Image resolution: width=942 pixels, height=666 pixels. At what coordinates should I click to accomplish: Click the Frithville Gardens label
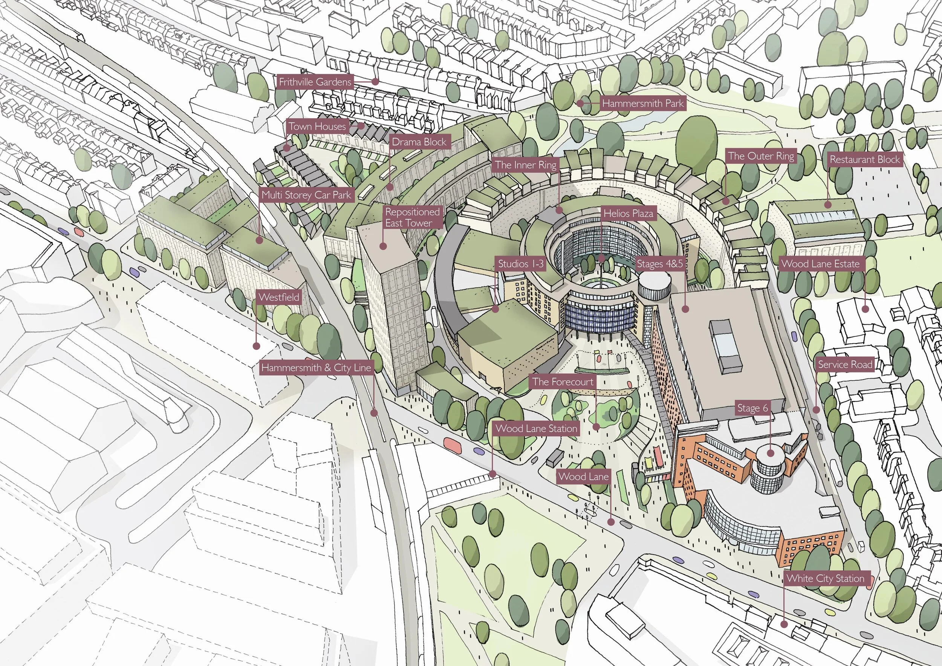pos(315,82)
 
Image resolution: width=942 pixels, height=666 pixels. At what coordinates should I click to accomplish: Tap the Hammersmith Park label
pos(643,103)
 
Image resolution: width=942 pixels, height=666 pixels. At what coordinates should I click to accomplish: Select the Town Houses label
pos(317,126)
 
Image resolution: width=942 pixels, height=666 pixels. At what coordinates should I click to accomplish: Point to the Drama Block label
pos(419,142)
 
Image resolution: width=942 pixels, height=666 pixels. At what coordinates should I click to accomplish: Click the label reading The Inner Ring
pos(526,165)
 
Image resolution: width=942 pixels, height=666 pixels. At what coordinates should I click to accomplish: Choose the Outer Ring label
pos(761,156)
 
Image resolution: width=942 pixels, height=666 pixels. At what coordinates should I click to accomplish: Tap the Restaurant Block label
pos(864,159)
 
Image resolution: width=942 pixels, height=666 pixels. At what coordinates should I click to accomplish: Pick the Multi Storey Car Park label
pos(306,195)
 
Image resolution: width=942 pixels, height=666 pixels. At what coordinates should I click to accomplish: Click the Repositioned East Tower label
pos(412,217)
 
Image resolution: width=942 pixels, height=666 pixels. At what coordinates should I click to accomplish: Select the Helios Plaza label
pos(628,213)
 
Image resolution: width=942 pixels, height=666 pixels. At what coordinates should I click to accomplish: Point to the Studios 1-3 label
pos(521,264)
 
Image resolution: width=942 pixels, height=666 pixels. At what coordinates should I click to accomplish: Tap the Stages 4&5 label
pos(660,264)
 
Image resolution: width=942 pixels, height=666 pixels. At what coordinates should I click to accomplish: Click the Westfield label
pos(278,297)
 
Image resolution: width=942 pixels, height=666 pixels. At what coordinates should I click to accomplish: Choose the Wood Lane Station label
pos(536,429)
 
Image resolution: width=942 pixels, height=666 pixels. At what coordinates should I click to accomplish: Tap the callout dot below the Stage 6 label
pos(770,453)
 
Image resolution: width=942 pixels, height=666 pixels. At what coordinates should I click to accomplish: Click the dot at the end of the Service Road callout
pos(817,409)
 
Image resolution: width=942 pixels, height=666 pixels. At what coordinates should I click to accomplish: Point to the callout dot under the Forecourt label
pos(596,426)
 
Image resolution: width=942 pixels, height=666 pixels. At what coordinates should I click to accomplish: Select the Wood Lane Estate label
pos(820,264)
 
